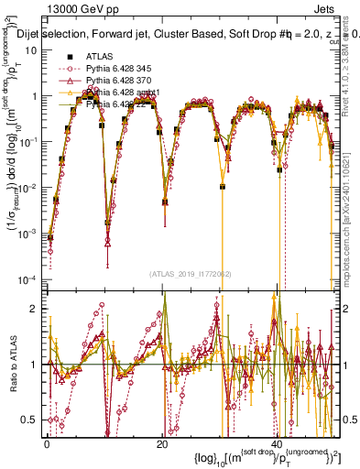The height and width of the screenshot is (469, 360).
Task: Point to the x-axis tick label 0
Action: tap(47, 442)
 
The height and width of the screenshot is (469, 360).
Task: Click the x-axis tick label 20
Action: tap(162, 442)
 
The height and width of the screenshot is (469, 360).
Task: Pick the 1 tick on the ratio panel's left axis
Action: tap(36, 365)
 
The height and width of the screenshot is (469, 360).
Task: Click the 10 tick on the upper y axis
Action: tap(32, 49)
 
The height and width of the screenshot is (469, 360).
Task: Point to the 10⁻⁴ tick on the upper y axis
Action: tap(30, 278)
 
